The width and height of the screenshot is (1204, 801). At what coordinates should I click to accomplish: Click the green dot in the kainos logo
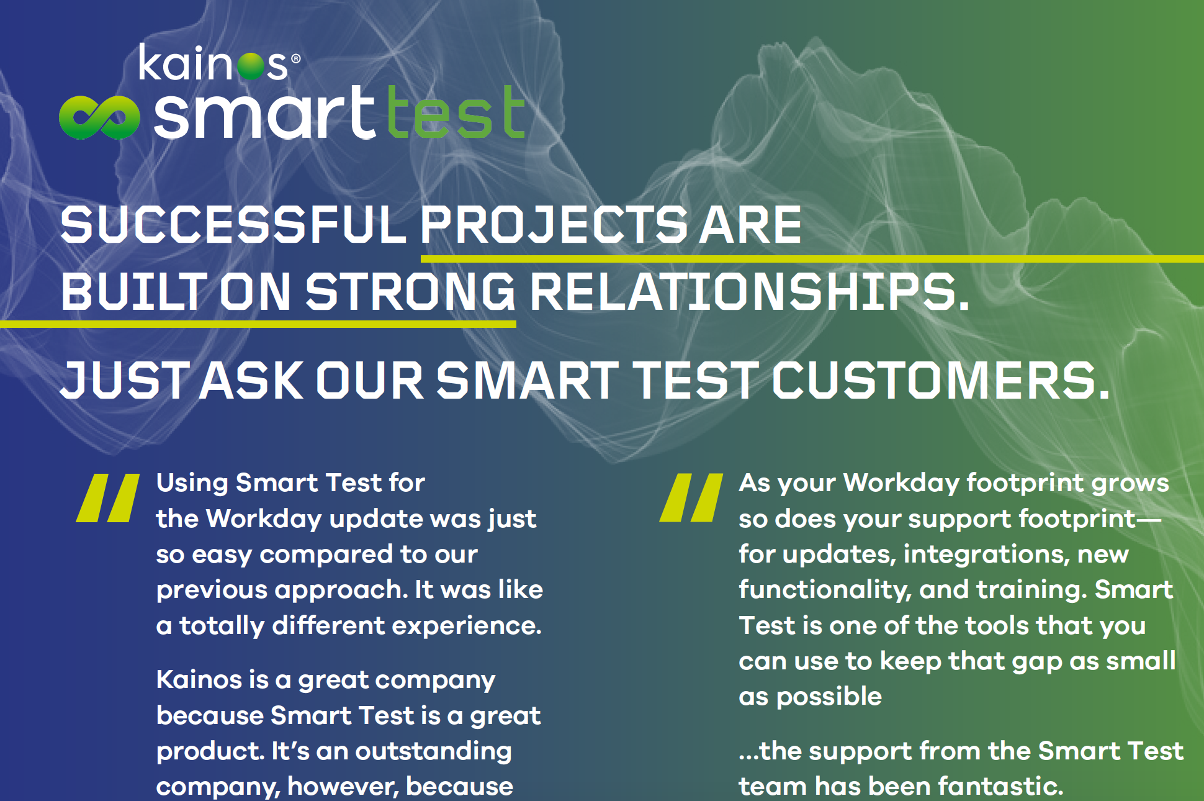(251, 66)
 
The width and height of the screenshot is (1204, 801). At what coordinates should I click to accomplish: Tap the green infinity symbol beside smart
(99, 117)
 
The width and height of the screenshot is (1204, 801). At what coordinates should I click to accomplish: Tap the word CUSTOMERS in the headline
(940, 380)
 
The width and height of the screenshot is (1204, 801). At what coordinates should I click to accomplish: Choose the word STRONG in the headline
(410, 292)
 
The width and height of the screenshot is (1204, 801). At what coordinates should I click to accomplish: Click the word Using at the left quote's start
(192, 483)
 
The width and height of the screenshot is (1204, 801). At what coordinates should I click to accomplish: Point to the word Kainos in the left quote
(199, 680)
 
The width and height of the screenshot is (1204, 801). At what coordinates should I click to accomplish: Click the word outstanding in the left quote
(433, 751)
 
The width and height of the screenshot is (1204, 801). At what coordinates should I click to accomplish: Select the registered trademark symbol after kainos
(296, 58)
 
